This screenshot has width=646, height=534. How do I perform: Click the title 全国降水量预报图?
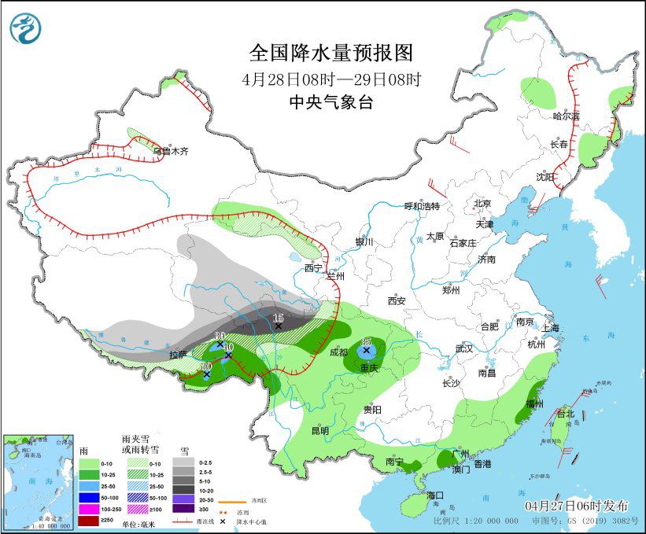(x=330, y=53)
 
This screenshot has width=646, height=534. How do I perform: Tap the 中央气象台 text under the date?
(x=330, y=101)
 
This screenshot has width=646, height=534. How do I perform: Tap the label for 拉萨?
(x=178, y=355)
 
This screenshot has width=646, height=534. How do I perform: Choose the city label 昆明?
(x=320, y=430)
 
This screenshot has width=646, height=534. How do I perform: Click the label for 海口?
(x=437, y=495)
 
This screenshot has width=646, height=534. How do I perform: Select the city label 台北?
(x=566, y=414)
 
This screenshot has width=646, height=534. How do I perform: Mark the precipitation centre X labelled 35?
(x=366, y=351)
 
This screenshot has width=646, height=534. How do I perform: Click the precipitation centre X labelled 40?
(x=228, y=355)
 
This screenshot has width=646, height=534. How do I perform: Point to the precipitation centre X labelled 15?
(x=278, y=326)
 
